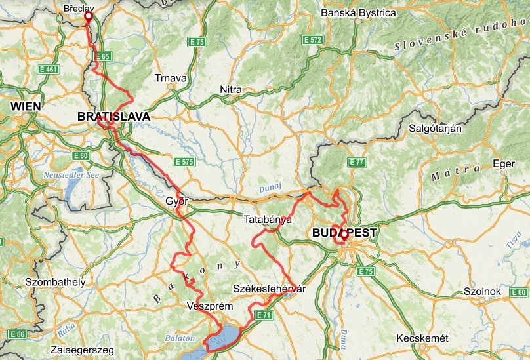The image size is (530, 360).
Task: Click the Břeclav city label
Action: pyautogui.click(x=79, y=9)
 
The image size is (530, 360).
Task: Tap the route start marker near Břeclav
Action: pyautogui.click(x=89, y=16)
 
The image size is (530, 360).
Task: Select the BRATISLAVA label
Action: pyautogui.click(x=113, y=117)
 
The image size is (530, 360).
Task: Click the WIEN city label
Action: pyautogui.click(x=26, y=106)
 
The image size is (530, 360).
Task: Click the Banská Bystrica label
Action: pyautogui.click(x=367, y=13)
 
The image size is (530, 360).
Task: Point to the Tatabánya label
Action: pyautogui.click(x=267, y=220)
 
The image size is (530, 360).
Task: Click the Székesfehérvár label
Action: pyautogui.click(x=270, y=289)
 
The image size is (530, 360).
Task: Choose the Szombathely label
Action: pyautogui.click(x=55, y=283)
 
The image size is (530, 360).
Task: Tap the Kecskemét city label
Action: pyautogui.click(x=422, y=338)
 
